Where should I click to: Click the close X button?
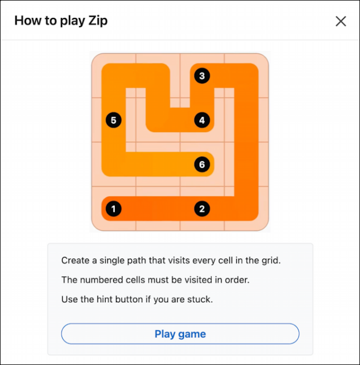341,21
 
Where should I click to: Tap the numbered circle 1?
114,209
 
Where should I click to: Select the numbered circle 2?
202,209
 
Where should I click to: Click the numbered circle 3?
202,76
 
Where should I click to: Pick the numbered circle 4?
202,120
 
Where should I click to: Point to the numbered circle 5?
114,120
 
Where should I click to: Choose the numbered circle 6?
202,164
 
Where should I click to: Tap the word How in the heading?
27,21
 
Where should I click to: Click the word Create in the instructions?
75,260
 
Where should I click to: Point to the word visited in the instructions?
197,280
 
